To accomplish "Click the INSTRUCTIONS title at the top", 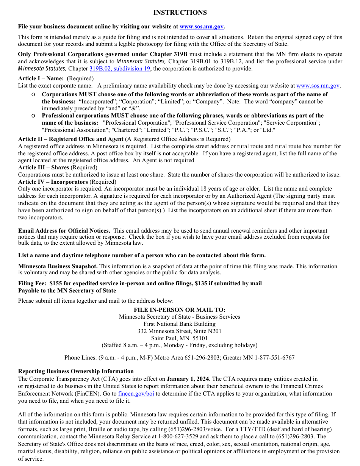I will (x=180, y=13).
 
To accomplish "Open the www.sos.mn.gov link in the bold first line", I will (x=202, y=27).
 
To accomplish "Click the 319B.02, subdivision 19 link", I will (x=120, y=69).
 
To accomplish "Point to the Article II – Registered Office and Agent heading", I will (x=71, y=139).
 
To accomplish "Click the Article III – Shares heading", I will (x=44, y=167).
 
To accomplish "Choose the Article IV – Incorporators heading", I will (x=53, y=182).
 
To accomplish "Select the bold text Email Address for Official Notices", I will (x=64, y=231).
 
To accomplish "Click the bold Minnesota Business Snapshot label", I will (x=58, y=266).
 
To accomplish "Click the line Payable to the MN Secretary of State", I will (x=67, y=291).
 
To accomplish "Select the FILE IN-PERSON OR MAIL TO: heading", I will (x=180, y=310).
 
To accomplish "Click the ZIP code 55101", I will (x=200, y=338).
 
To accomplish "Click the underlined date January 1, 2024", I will (x=188, y=379).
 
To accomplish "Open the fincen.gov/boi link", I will (x=136, y=394).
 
